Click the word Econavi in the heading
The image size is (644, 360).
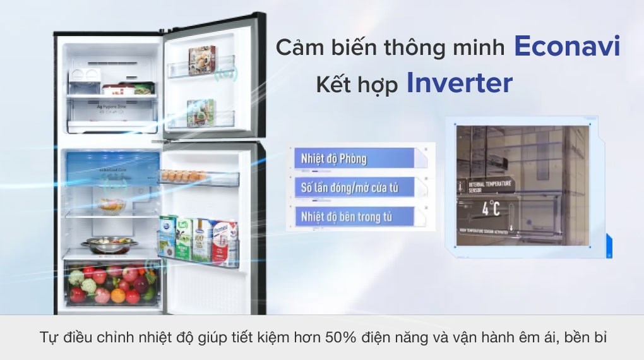(x=567, y=46)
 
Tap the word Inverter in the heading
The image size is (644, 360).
(x=459, y=83)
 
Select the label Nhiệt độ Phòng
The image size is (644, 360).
(x=334, y=158)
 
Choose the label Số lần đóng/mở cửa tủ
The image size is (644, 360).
(x=349, y=188)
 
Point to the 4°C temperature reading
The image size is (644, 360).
(x=491, y=208)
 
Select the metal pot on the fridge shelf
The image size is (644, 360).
(x=108, y=243)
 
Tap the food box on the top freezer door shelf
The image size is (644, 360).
(x=201, y=60)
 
